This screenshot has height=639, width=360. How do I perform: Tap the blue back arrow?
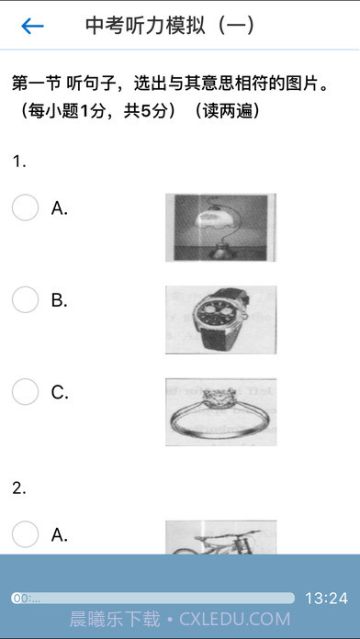click(x=33, y=26)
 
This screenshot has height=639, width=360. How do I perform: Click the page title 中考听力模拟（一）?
click(x=170, y=26)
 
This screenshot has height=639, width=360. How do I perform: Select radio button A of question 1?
click(x=26, y=207)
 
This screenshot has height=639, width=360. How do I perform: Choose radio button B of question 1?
click(x=26, y=299)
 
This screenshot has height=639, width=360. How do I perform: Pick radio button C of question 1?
click(x=26, y=392)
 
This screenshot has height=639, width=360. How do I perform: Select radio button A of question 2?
click(x=26, y=533)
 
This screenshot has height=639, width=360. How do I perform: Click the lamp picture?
click(x=220, y=228)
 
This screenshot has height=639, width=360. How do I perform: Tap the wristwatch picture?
click(x=221, y=319)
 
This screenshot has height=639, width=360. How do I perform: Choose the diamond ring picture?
click(x=221, y=411)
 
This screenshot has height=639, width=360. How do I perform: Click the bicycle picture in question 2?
click(x=221, y=537)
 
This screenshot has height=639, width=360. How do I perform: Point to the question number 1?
click(x=19, y=162)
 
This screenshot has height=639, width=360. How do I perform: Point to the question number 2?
click(x=19, y=488)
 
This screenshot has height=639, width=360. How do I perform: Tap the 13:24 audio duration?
click(x=327, y=599)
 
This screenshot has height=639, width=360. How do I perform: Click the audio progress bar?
click(x=152, y=599)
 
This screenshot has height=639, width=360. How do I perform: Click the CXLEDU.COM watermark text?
click(x=235, y=619)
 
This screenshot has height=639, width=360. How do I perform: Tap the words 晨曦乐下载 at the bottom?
click(x=115, y=619)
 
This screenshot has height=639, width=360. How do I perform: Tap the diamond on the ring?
click(x=222, y=395)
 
